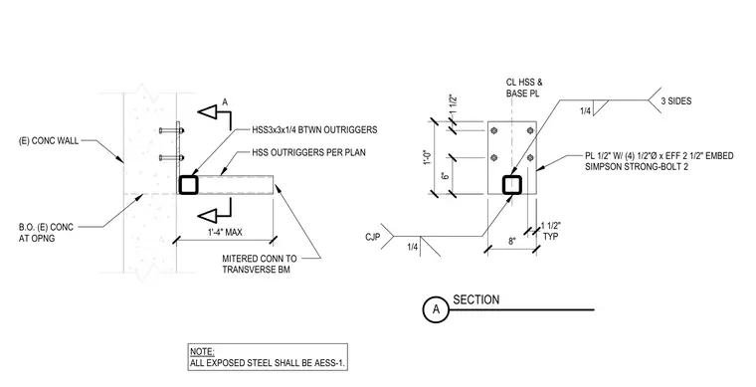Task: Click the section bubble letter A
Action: click(x=436, y=309)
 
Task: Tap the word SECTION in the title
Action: click(x=475, y=299)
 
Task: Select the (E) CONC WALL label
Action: click(x=48, y=141)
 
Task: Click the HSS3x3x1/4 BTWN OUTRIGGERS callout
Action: click(x=314, y=130)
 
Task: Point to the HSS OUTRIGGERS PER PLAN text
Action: click(x=308, y=153)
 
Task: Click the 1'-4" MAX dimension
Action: click(x=225, y=232)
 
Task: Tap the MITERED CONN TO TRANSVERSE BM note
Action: click(x=260, y=264)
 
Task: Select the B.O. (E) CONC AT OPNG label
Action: click(x=46, y=233)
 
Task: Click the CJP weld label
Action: click(x=373, y=237)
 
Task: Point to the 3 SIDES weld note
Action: click(x=676, y=101)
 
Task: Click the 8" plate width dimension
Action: click(x=511, y=241)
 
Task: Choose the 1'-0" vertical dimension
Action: click(x=427, y=157)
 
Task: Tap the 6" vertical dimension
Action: click(x=446, y=175)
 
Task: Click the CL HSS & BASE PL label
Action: click(x=524, y=89)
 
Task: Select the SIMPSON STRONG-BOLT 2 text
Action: click(x=637, y=167)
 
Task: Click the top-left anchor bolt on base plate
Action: click(x=493, y=130)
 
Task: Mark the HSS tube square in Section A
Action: click(x=512, y=185)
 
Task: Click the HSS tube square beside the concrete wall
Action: click(x=188, y=185)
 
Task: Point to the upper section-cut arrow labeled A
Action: click(x=214, y=113)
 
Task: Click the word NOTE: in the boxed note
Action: click(x=202, y=352)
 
